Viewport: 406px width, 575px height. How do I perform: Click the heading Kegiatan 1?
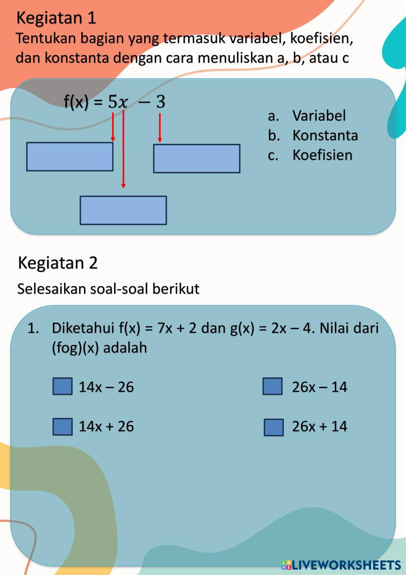tap(56, 18)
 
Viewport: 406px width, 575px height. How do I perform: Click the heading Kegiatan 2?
tap(58, 263)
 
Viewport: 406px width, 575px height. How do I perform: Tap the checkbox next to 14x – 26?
tap(63, 386)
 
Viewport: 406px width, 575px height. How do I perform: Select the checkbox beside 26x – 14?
tap(272, 386)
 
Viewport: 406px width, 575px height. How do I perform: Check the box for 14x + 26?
tap(63, 427)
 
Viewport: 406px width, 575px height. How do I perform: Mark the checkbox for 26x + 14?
tap(274, 427)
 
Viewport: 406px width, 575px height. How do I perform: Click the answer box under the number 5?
tap(70, 156)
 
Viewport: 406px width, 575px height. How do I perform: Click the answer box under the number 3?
tap(197, 158)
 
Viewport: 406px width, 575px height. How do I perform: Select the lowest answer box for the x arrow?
tap(123, 210)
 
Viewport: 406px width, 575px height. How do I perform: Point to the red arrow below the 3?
tap(160, 128)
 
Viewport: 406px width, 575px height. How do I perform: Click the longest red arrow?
tap(123, 150)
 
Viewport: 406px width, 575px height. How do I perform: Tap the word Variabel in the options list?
tap(319, 116)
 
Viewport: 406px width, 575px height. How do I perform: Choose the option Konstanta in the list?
tap(325, 135)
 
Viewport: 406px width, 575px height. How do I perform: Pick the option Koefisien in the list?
tap(322, 155)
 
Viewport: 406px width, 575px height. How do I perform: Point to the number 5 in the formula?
tap(112, 102)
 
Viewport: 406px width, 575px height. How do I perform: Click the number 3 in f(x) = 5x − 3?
tap(161, 102)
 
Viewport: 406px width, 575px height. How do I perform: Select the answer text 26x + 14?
tap(320, 426)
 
